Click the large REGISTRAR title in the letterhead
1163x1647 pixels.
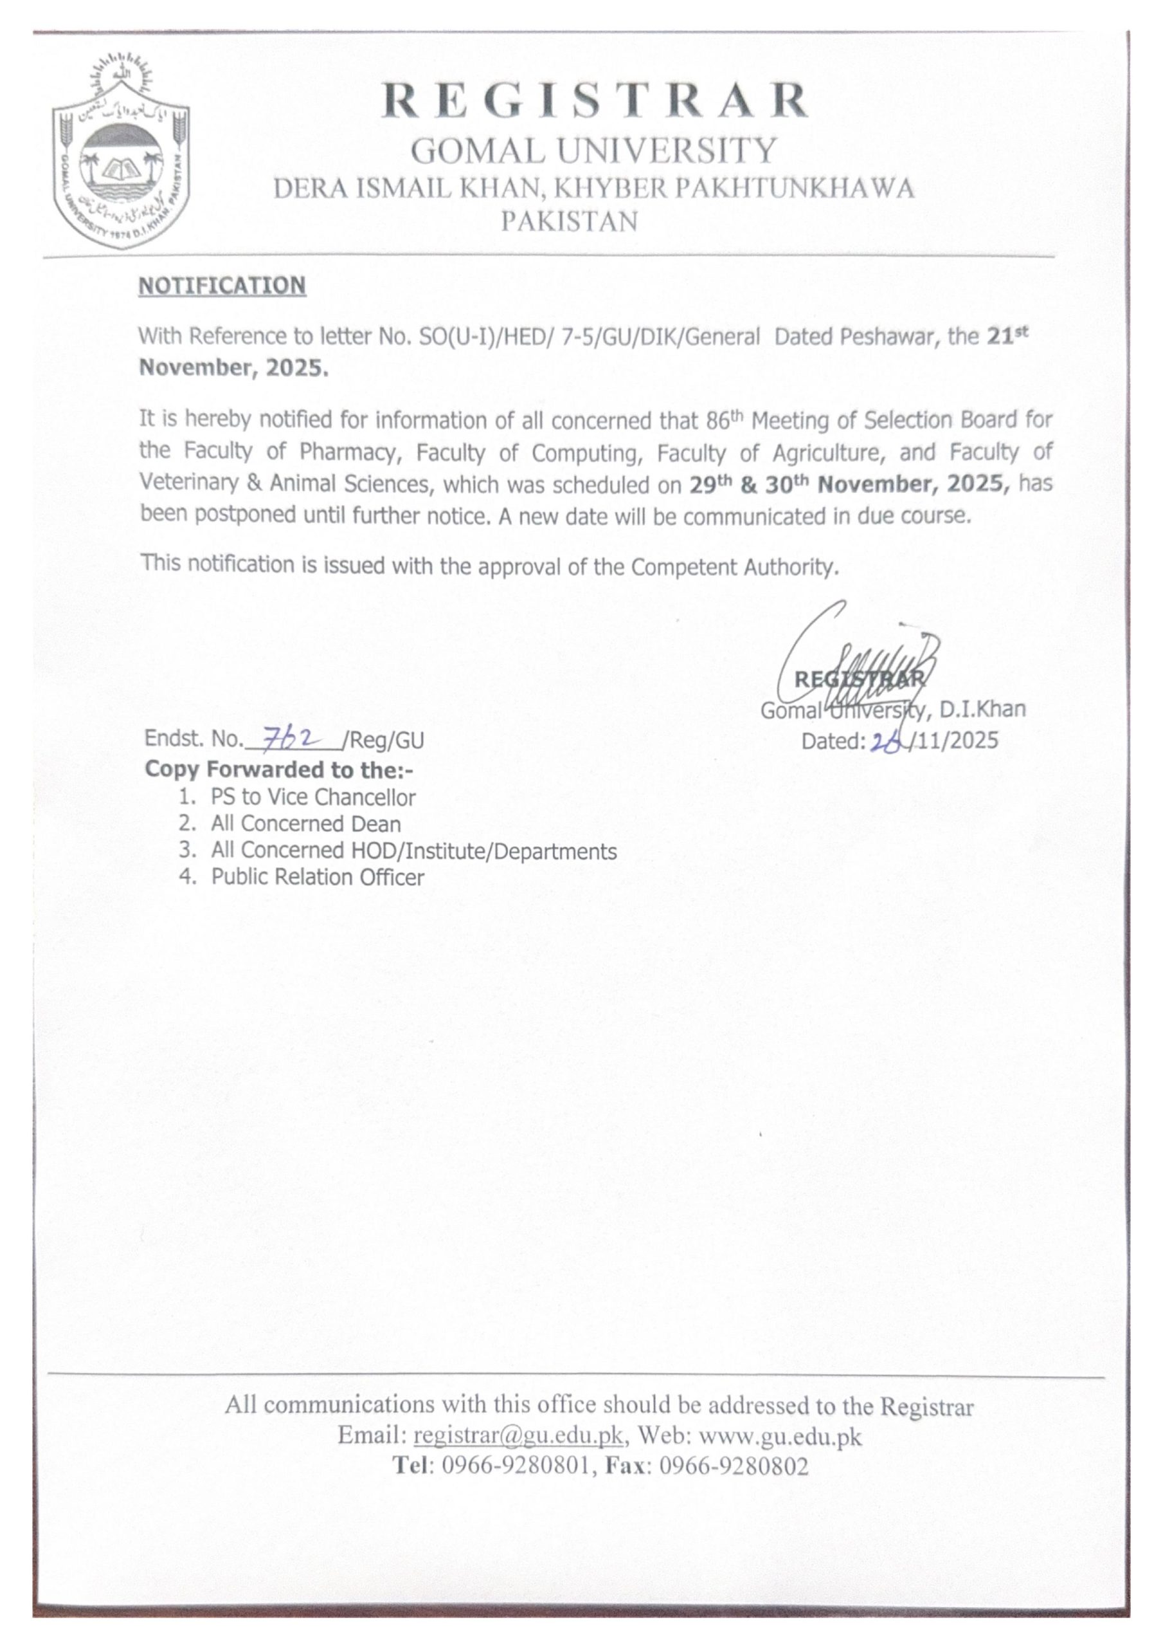(595, 101)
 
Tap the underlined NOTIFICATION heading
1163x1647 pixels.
(222, 286)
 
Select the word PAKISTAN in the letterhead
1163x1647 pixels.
(568, 221)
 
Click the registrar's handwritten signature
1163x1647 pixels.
(858, 667)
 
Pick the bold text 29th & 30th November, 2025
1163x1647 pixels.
(850, 484)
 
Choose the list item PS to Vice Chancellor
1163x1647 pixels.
(312, 797)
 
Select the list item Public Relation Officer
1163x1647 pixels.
(317, 878)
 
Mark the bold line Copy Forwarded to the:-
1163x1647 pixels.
(280, 769)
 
